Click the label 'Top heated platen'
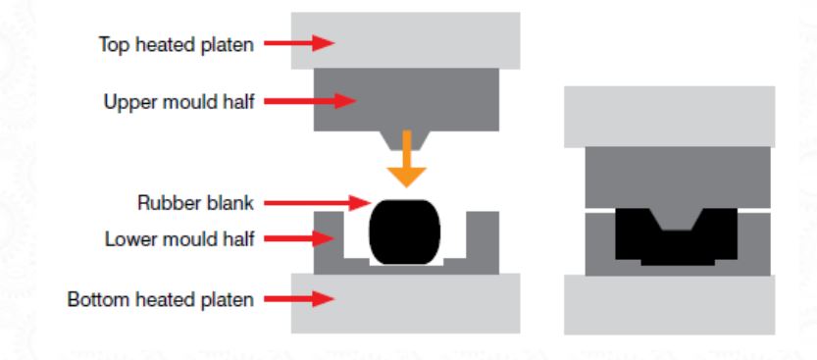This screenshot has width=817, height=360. tap(164, 44)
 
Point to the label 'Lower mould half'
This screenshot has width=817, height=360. tap(179, 238)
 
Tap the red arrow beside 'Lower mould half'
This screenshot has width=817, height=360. tap(300, 238)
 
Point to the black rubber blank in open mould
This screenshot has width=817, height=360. tap(404, 235)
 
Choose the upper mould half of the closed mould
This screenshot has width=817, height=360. tap(677, 181)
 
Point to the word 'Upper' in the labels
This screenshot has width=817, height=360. tap(127, 100)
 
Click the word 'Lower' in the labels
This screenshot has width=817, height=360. tap(126, 238)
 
